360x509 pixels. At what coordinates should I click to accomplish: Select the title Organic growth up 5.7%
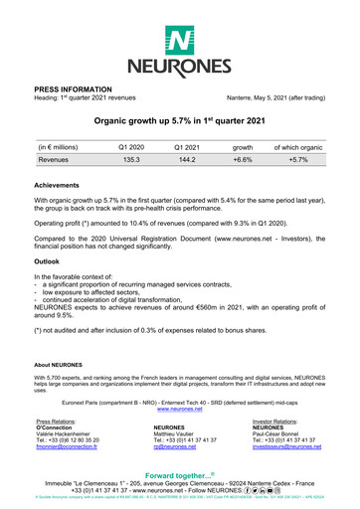click(x=179, y=119)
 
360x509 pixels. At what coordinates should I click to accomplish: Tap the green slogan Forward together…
click(x=179, y=476)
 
